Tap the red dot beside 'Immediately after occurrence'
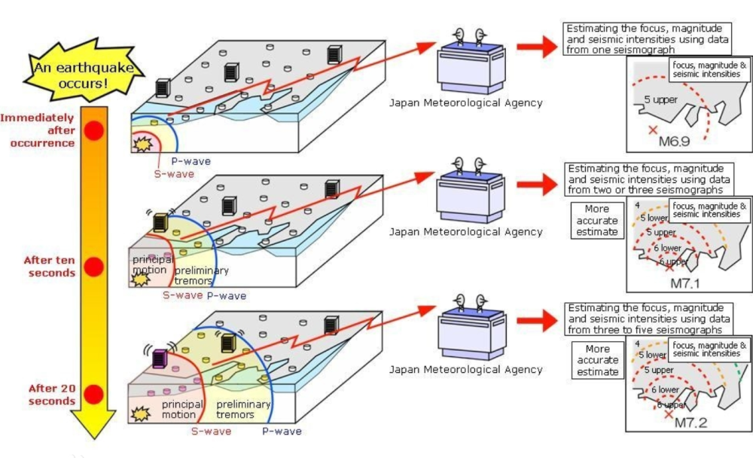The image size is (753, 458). (93, 130)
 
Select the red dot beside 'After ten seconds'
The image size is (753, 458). (93, 267)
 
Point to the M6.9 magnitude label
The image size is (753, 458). (675, 141)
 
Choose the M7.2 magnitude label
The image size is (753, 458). (690, 423)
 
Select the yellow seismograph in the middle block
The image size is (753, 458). (160, 222)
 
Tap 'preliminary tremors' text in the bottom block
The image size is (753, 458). (243, 410)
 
